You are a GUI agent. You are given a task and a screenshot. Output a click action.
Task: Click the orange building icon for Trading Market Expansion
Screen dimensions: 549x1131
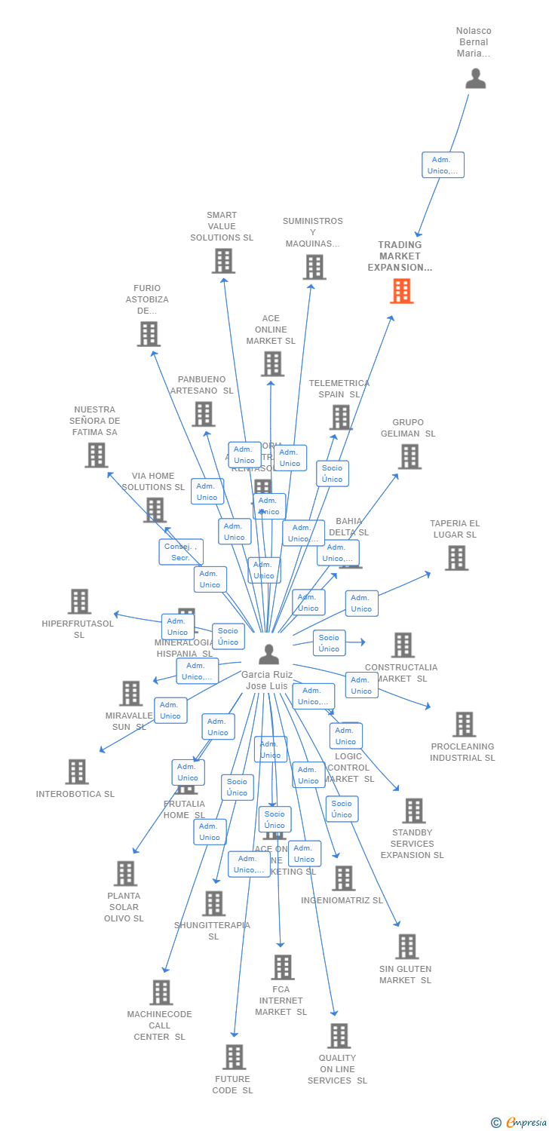(401, 291)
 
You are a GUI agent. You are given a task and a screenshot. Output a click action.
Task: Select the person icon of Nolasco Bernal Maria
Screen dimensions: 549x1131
(475, 79)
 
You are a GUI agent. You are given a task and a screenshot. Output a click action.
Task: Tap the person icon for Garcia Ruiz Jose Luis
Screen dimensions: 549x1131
(268, 654)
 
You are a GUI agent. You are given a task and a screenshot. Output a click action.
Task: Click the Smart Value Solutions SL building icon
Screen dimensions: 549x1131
(223, 261)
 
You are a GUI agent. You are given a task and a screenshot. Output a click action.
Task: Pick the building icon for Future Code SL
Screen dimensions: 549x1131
(234, 1057)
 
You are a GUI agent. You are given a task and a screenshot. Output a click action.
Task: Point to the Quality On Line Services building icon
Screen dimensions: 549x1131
(339, 1036)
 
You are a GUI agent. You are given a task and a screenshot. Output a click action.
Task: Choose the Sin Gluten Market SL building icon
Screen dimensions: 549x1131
(406, 946)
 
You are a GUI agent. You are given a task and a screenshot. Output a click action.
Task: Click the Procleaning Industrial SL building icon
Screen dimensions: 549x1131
(464, 725)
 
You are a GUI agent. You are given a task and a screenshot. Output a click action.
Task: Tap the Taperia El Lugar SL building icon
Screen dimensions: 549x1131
(455, 558)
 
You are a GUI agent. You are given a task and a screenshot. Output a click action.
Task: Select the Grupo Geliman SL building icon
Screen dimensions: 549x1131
(409, 456)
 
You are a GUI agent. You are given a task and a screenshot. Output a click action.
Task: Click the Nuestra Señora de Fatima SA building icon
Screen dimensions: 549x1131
(96, 455)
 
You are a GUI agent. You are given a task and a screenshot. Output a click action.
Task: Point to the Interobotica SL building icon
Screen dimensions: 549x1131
(77, 772)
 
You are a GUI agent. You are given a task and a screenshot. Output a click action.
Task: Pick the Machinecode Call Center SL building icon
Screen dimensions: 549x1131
(161, 992)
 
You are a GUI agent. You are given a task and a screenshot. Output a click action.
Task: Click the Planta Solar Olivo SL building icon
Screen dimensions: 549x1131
(125, 874)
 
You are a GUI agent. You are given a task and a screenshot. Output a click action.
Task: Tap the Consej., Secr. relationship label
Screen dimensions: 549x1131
(180, 552)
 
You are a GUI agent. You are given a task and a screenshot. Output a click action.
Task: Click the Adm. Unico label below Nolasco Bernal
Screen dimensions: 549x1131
(443, 165)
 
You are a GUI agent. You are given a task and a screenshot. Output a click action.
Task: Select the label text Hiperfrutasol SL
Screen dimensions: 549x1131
(78, 629)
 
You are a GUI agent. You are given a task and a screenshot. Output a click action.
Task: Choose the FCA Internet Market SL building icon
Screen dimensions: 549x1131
(282, 967)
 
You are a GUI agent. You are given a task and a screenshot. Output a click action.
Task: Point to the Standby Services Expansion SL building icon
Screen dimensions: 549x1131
(413, 811)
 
